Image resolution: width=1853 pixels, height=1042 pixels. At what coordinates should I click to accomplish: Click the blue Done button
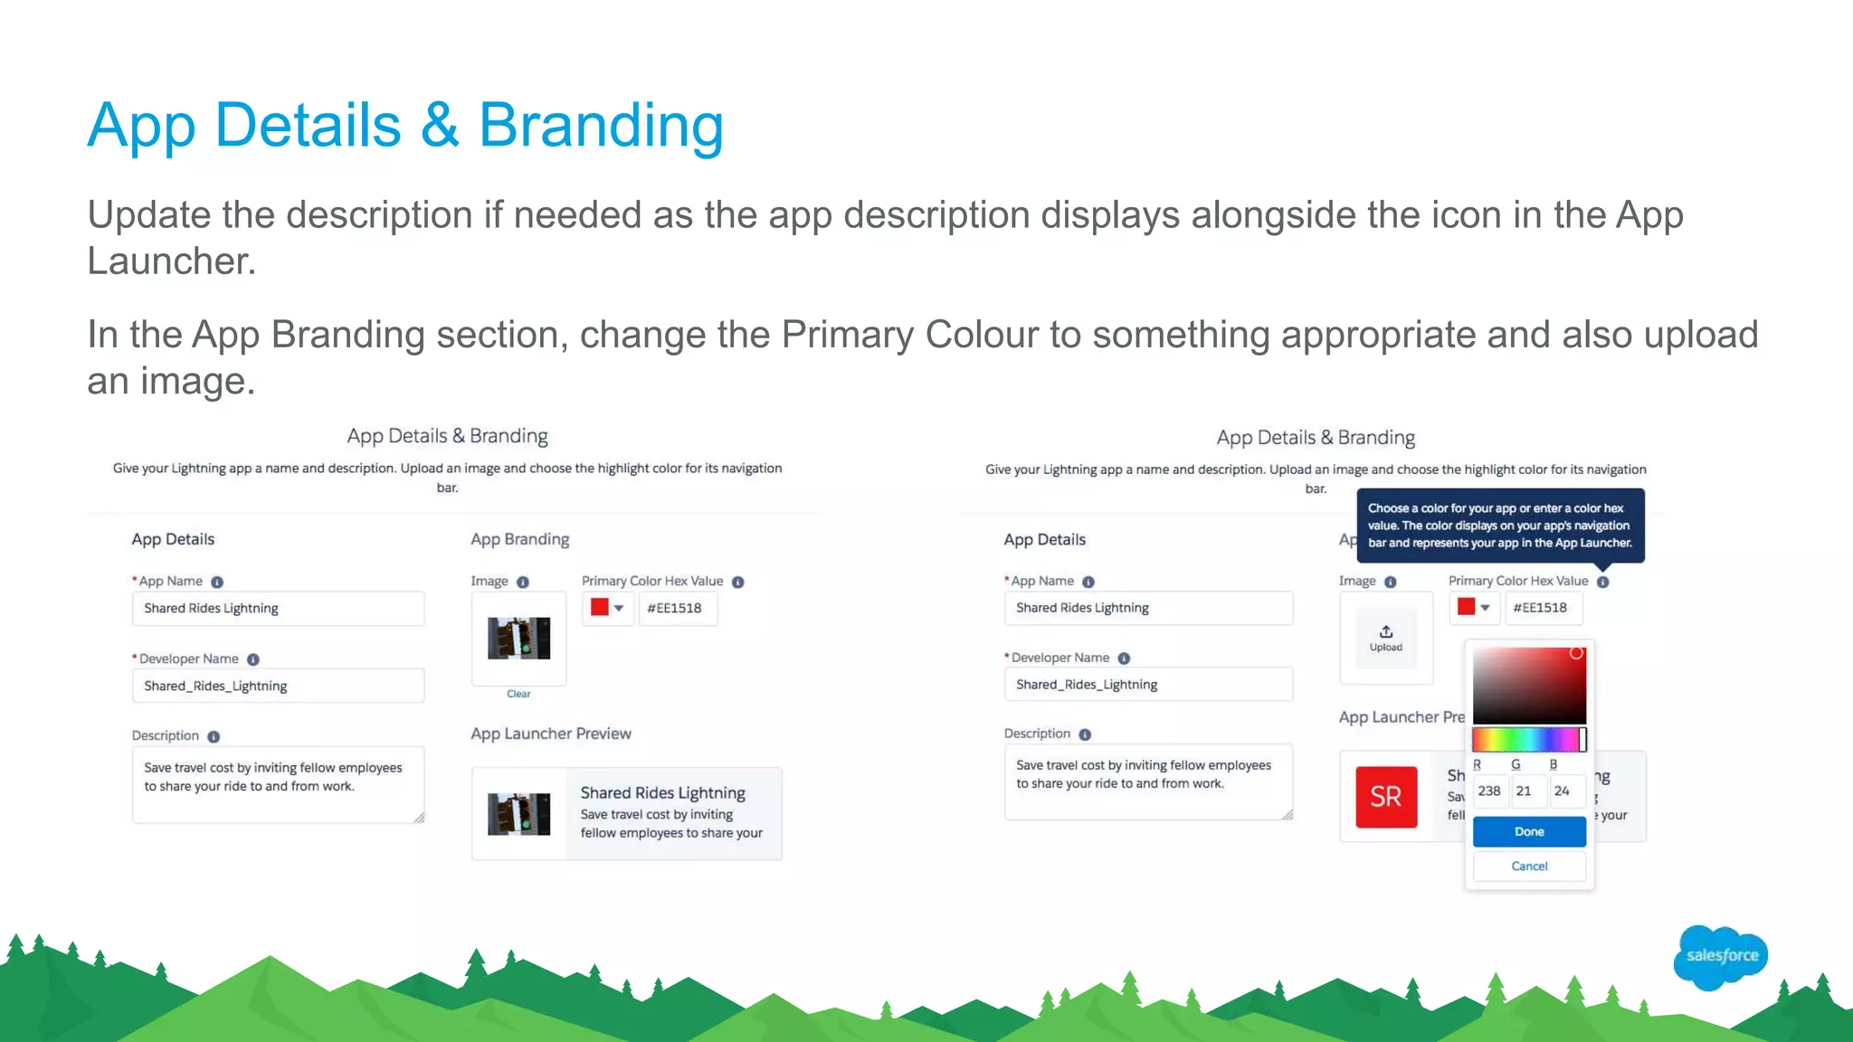tap(1529, 831)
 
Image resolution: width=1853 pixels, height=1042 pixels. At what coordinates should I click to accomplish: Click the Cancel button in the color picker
tap(1529, 867)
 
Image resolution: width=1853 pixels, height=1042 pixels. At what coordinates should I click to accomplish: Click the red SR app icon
tap(1386, 797)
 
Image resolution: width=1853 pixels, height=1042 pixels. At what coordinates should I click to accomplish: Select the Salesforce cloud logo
tap(1721, 956)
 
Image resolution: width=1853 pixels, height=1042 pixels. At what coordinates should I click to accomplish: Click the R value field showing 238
tap(1489, 791)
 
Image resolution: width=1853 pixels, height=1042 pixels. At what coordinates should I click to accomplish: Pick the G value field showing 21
tap(1525, 791)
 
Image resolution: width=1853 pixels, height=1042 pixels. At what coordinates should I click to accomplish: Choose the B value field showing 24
tap(1563, 791)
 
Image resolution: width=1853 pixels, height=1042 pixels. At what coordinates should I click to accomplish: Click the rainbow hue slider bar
tap(1527, 740)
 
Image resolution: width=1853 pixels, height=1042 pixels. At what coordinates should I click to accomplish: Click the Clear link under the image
tap(518, 694)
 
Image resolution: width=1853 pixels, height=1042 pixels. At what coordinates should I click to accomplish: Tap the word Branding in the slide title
tap(601, 126)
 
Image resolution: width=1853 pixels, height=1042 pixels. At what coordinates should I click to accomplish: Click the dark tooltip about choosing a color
tap(1499, 526)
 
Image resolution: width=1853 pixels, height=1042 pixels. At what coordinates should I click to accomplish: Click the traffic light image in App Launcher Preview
tap(518, 814)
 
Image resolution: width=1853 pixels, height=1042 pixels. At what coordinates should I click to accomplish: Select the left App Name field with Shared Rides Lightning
tap(278, 609)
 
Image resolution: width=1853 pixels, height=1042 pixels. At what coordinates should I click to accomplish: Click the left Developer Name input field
tap(278, 686)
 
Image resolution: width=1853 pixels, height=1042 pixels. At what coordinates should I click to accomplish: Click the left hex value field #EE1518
tap(677, 609)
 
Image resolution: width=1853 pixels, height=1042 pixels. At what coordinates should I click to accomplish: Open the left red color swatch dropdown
tap(607, 609)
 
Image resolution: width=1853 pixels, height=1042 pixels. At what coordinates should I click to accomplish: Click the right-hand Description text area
tap(1147, 781)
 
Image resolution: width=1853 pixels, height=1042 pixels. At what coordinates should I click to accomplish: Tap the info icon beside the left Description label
tap(214, 736)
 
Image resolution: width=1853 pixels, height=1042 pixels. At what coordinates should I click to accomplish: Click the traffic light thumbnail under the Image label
tap(518, 639)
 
